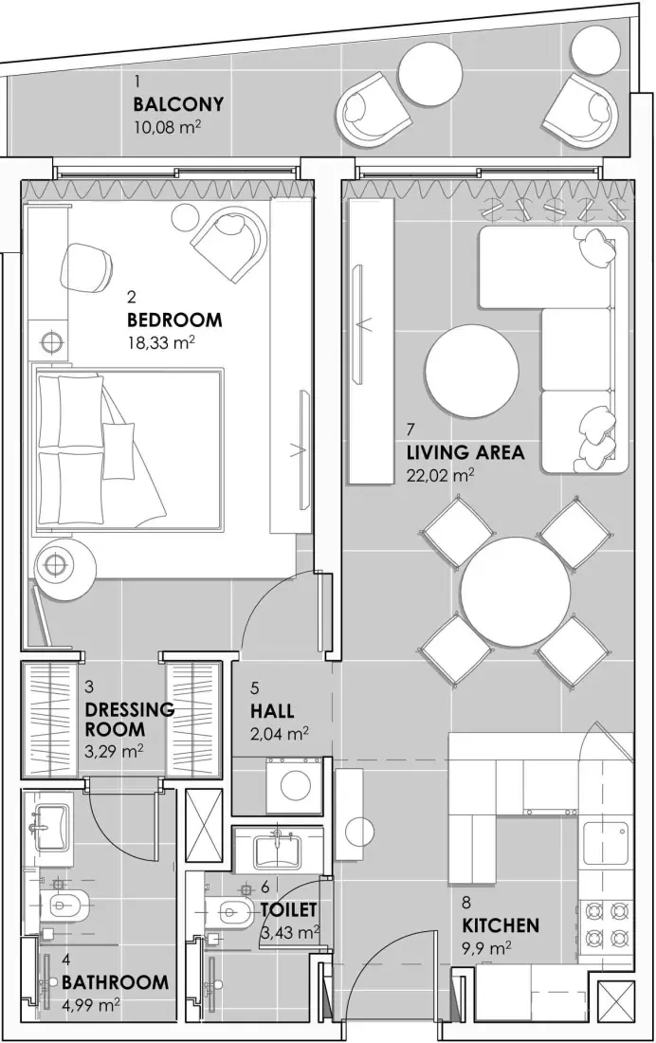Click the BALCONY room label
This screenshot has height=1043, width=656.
pyautogui.click(x=178, y=104)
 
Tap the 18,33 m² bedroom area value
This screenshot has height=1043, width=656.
pyautogui.click(x=161, y=343)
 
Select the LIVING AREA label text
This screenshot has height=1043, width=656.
pyautogui.click(x=465, y=452)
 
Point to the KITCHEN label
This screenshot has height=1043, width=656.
pyautogui.click(x=501, y=924)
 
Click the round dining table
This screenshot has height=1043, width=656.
pyautogui.click(x=515, y=593)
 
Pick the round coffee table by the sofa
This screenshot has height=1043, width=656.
pyautogui.click(x=472, y=371)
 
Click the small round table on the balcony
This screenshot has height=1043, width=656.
pyautogui.click(x=429, y=72)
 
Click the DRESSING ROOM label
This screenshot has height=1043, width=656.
pyautogui.click(x=129, y=720)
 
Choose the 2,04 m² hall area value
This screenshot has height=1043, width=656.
pyautogui.click(x=280, y=733)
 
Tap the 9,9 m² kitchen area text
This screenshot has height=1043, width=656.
pyautogui.click(x=487, y=947)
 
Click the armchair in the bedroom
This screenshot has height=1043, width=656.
pyautogui.click(x=228, y=237)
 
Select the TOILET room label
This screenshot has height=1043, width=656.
pyautogui.click(x=288, y=910)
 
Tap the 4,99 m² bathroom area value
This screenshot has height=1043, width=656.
pyautogui.click(x=91, y=1005)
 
